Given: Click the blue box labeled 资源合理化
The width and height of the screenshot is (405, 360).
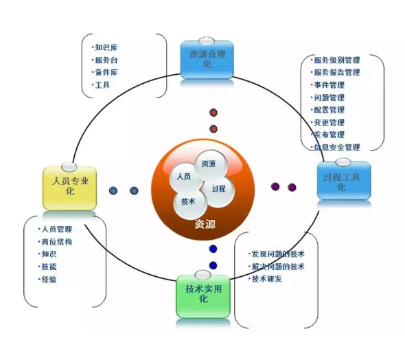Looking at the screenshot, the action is click(x=207, y=60).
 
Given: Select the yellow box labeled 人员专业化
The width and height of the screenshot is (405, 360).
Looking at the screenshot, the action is click(x=69, y=188).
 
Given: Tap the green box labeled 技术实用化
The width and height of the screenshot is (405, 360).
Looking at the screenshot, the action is click(x=203, y=296).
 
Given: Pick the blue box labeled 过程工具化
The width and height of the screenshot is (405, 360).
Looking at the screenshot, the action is click(x=344, y=181).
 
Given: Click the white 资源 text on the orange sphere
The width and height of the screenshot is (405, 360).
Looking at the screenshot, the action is click(x=205, y=224).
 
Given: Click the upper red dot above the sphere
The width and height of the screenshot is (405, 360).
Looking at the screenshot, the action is click(x=213, y=113).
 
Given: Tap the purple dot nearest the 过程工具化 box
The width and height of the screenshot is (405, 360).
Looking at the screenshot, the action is click(x=292, y=187).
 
